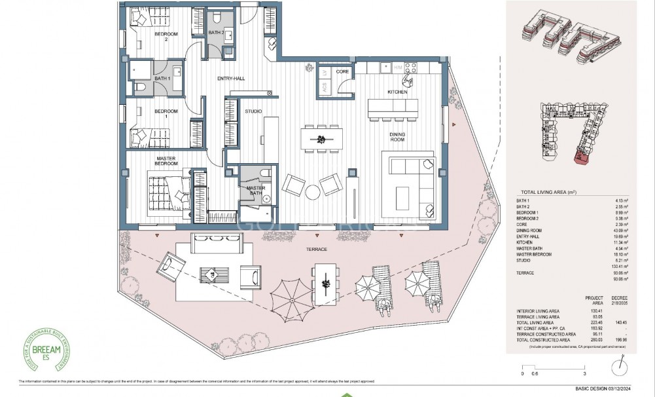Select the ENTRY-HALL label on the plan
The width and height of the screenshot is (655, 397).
[231, 79]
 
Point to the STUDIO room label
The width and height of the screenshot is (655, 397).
[253, 111]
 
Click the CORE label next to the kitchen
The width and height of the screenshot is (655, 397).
[342, 71]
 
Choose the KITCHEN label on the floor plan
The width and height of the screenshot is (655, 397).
[397, 92]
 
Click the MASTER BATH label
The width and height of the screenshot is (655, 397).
[256, 191]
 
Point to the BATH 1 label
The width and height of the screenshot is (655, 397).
[161, 79]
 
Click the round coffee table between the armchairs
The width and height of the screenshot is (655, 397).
[313, 191]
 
